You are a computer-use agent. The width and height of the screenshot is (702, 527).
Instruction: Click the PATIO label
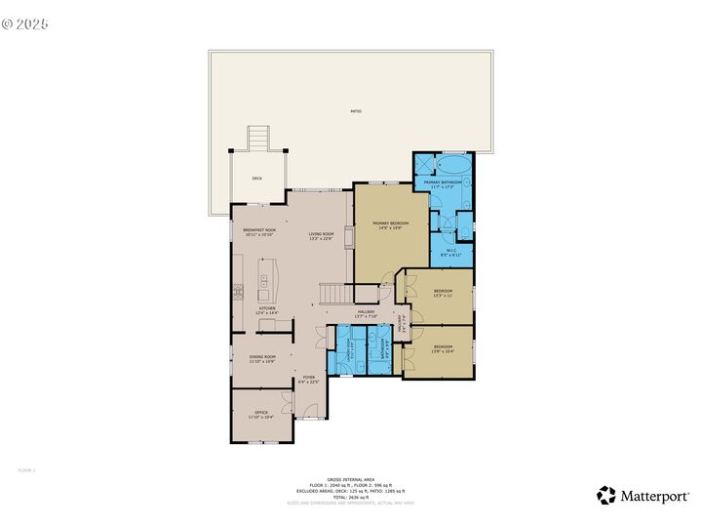point(356,111)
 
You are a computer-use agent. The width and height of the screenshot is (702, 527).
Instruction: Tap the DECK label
point(257,179)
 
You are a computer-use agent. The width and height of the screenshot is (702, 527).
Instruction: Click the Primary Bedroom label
point(390,225)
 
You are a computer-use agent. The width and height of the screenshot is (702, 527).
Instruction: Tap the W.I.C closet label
point(451,252)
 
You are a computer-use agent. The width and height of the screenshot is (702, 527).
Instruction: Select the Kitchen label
point(266,310)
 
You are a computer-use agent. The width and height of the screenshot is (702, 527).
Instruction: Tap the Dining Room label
point(262,359)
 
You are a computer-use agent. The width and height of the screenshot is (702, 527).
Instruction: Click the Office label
point(261,415)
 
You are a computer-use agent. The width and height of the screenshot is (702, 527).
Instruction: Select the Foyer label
point(309,379)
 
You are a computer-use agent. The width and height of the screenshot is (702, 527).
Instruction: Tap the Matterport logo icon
point(606,496)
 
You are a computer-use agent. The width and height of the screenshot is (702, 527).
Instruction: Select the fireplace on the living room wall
point(347,237)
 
